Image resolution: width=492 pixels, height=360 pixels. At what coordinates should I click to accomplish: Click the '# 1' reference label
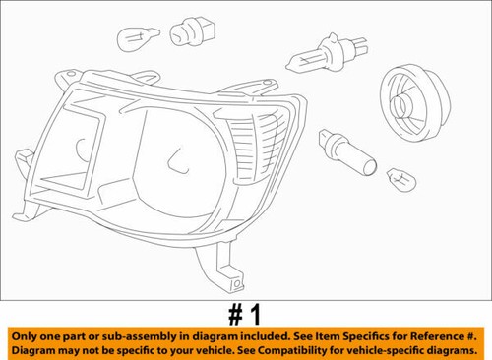(x=243, y=315)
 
